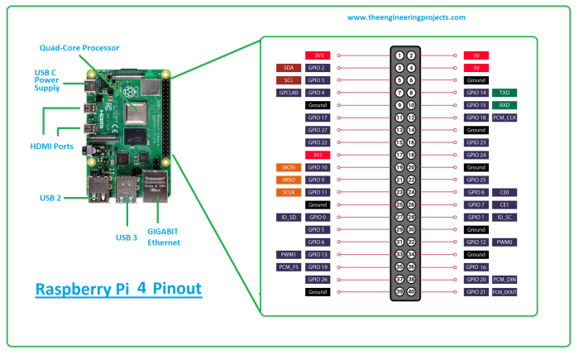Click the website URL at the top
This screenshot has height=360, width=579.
coord(405,17)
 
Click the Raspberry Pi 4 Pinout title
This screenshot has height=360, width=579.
coord(119,290)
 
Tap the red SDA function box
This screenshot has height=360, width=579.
coord(288,67)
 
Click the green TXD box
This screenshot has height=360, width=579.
coord(505,93)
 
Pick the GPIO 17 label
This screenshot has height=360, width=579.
coord(318,118)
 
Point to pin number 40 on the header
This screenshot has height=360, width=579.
coord(411,292)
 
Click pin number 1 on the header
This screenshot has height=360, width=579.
coord(399,55)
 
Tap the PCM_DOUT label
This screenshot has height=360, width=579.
coord(505,292)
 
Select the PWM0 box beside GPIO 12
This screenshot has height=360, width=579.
coord(505,242)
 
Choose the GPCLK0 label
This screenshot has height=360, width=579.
coord(288,93)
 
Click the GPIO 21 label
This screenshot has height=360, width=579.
coord(476,292)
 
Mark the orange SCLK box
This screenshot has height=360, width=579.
coord(288,192)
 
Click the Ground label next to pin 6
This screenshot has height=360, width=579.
coord(476,80)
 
